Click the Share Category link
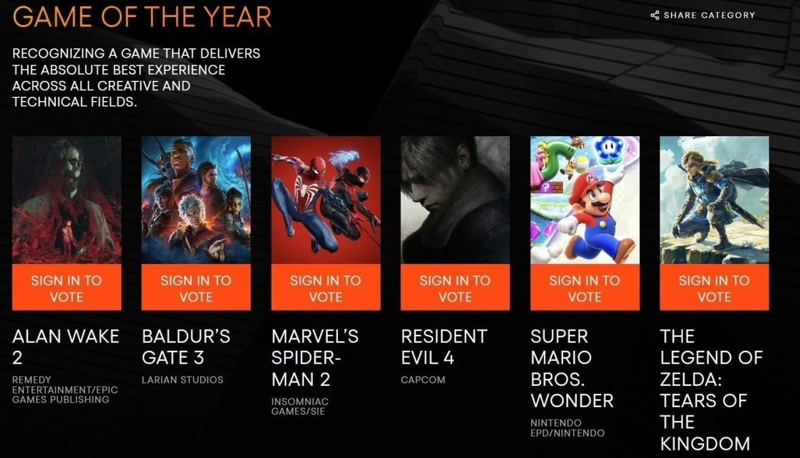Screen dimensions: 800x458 703,15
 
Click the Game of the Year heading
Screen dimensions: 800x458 142,17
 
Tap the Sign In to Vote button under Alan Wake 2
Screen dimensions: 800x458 67,287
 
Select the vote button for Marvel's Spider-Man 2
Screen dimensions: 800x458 326,287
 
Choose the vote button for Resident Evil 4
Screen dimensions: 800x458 455,287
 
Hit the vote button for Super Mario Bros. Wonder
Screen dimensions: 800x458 585,287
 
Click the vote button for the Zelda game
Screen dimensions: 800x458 714,287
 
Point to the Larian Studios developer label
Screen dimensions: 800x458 182,380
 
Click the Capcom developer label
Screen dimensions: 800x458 423,380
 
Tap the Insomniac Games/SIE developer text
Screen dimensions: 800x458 300,406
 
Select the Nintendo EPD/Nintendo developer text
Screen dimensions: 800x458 567,428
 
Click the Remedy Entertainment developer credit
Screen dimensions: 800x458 65,390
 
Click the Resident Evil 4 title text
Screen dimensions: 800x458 444,347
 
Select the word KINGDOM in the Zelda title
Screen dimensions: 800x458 705,444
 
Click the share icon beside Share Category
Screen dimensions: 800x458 655,15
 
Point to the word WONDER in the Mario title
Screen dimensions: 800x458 572,401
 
